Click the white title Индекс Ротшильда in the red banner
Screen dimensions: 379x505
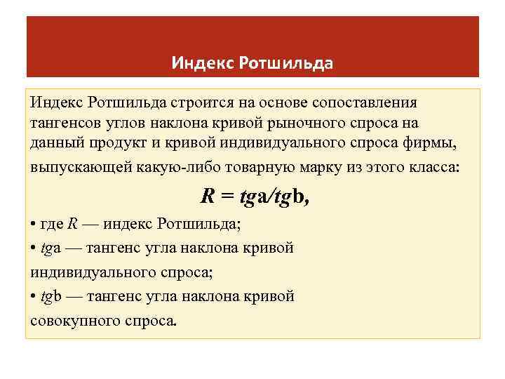click(252, 64)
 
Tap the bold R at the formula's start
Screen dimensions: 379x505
click(208, 197)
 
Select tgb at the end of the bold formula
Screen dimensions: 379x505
click(292, 198)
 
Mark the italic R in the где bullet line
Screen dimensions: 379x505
click(73, 225)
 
